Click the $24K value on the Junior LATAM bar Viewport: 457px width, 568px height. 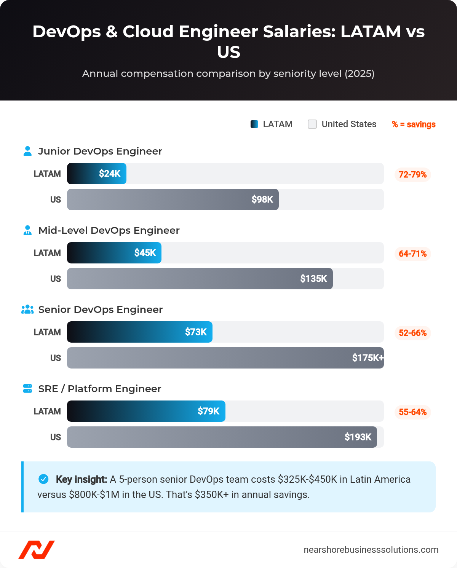(x=110, y=174)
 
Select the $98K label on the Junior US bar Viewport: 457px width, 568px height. (x=262, y=199)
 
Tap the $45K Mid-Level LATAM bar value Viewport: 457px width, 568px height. (x=145, y=253)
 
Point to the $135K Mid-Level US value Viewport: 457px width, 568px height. (x=313, y=279)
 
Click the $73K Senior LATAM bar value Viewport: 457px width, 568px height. (x=196, y=332)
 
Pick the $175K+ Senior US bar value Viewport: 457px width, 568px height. (x=368, y=358)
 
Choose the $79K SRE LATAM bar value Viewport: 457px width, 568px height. (x=208, y=411)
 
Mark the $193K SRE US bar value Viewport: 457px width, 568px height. (x=358, y=437)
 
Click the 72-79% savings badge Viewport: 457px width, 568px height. (x=412, y=175)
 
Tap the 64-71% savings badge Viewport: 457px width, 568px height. (x=412, y=254)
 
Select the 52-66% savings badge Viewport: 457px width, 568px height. (x=412, y=333)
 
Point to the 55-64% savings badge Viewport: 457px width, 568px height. (x=412, y=412)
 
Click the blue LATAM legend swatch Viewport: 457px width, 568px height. (x=254, y=124)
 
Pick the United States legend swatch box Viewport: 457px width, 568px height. (x=312, y=124)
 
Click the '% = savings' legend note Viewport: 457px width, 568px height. (x=414, y=124)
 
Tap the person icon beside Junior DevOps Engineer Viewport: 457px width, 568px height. (x=27, y=151)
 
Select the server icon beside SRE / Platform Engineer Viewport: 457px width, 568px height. (x=27, y=389)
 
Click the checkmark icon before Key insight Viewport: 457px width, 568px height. (x=44, y=479)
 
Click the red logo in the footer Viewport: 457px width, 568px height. (x=37, y=550)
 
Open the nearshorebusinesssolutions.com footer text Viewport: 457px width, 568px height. (x=371, y=550)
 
